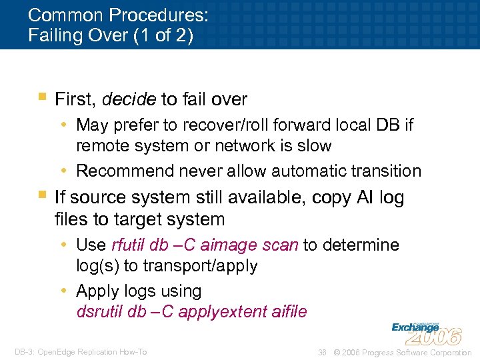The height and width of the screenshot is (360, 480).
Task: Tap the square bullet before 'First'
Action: (x=42, y=97)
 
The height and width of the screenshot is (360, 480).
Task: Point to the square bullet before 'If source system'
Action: (x=42, y=195)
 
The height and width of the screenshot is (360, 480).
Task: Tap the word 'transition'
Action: (x=386, y=171)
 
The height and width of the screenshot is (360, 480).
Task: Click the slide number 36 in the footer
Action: (x=323, y=352)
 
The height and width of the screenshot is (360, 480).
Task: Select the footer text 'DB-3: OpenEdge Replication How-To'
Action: (x=80, y=352)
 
